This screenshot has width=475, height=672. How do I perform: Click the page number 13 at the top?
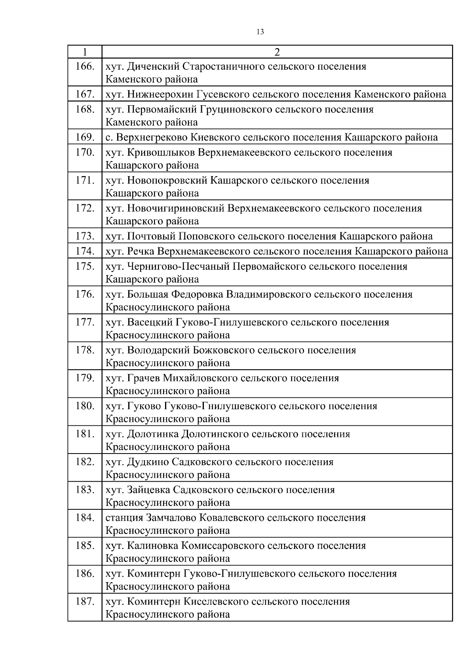(260, 32)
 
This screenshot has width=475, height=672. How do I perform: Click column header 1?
(85, 52)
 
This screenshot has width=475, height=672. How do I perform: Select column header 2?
(277, 52)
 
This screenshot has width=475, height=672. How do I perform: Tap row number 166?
(85, 66)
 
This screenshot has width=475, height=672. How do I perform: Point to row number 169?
(85, 137)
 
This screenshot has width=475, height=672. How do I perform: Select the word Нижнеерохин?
(158, 94)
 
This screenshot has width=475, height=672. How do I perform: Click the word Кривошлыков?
(161, 152)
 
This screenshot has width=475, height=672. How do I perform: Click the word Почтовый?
(152, 236)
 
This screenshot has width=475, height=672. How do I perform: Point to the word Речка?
(141, 251)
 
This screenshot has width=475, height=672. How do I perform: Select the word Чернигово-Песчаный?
(178, 266)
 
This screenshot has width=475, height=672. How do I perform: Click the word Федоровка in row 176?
(197, 294)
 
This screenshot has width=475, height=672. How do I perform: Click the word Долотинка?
(153, 434)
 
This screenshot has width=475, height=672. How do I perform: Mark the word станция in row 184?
(124, 518)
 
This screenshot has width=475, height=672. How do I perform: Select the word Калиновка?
(153, 546)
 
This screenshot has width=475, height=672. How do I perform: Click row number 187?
(85, 602)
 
